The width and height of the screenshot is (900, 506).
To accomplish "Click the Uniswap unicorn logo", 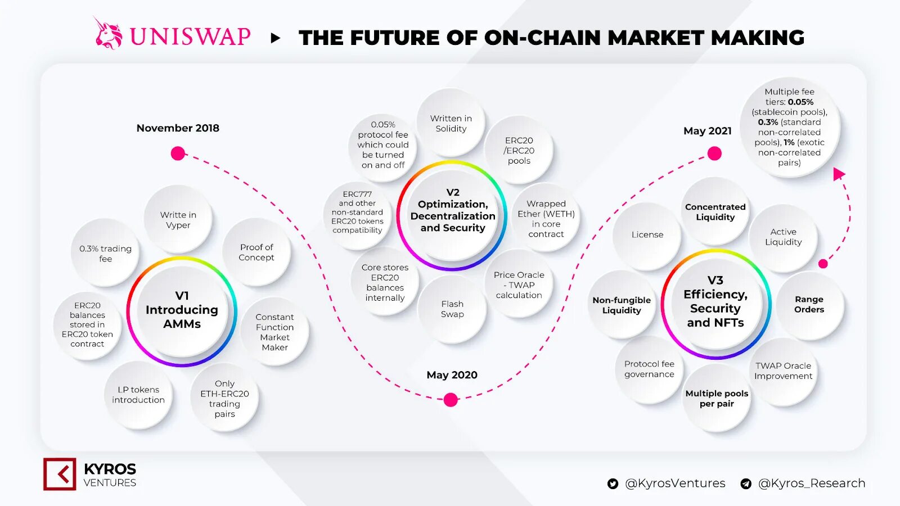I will click(x=108, y=34).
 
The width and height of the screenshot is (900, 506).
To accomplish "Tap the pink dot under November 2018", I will click(x=178, y=153).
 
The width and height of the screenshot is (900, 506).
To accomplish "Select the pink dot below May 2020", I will click(x=451, y=400).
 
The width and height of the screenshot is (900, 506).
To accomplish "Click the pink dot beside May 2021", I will click(x=714, y=153).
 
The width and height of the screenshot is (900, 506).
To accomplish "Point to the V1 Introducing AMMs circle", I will click(x=182, y=310).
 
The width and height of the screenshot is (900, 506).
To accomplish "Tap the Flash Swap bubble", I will click(x=452, y=309).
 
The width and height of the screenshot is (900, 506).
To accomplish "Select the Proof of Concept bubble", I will click(x=256, y=252).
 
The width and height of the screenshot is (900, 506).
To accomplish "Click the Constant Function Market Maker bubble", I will click(x=274, y=332).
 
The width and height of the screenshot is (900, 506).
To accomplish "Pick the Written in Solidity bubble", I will click(x=451, y=123).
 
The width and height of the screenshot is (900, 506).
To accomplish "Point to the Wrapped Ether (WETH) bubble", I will click(x=546, y=219).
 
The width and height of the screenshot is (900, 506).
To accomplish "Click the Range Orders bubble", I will click(x=809, y=305).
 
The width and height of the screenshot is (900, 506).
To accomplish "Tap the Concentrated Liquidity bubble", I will click(x=715, y=212).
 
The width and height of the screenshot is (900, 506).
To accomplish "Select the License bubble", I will click(x=647, y=235).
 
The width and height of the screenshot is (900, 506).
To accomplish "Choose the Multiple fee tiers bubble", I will click(x=789, y=128).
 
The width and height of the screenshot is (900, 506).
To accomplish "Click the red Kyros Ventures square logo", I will click(x=60, y=474).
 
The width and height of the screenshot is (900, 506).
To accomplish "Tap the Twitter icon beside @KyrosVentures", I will click(x=613, y=484).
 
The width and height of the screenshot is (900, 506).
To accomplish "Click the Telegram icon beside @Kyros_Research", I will click(x=746, y=484).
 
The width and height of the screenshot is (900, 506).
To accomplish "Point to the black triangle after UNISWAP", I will click(x=275, y=38).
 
